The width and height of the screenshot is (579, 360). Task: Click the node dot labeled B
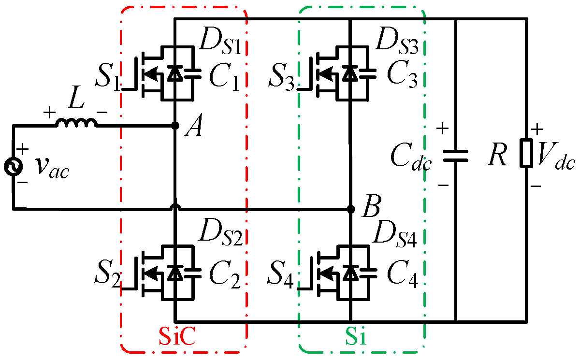click(350, 209)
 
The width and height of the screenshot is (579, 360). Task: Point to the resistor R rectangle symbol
click(526, 154)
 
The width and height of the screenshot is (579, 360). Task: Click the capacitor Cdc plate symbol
click(455, 154)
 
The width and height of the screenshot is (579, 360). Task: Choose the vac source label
click(52, 168)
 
